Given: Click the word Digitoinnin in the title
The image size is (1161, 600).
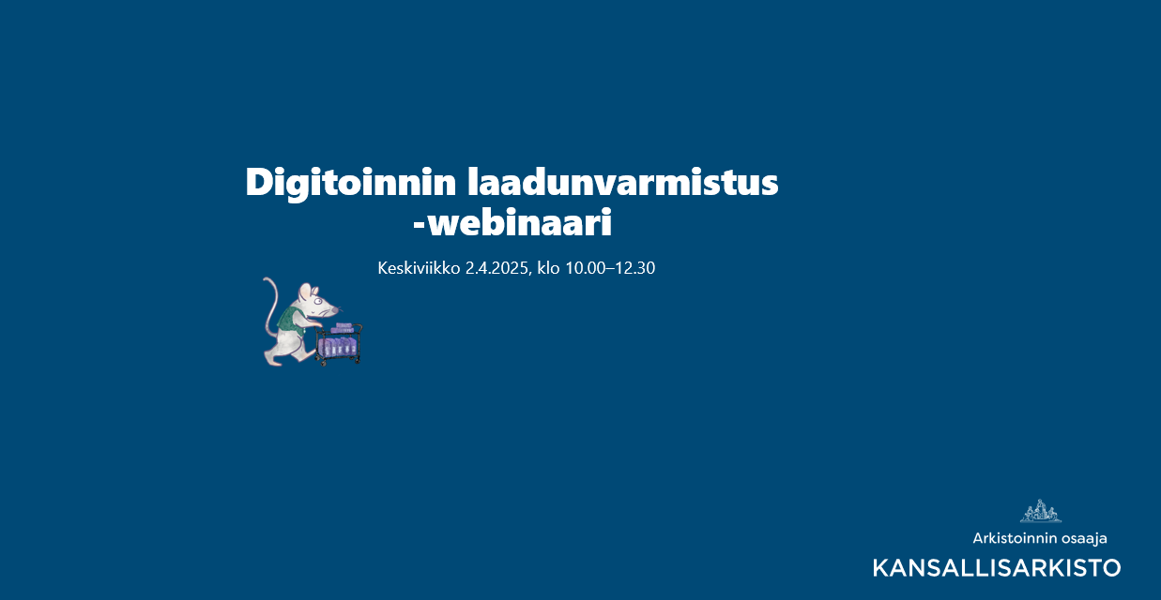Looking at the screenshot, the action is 351,183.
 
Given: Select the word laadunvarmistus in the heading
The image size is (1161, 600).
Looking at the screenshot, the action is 622,182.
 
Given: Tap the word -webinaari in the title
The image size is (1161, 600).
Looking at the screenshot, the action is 512,223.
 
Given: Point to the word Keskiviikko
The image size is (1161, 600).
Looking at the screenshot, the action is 419,268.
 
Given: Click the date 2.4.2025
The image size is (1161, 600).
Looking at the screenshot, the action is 496,268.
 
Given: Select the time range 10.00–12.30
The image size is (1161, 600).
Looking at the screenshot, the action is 610,268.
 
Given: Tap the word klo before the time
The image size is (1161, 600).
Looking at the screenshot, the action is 548,268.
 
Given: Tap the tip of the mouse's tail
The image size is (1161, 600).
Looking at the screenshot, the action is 265,279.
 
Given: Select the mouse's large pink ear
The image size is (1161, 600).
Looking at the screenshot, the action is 305,291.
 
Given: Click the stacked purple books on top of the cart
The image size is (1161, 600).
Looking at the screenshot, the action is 344,328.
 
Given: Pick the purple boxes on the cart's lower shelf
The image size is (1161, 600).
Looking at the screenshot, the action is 337,347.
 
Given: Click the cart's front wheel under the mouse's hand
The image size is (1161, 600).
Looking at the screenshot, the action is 324,363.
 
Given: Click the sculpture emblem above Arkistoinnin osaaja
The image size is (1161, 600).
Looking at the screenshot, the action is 1040,511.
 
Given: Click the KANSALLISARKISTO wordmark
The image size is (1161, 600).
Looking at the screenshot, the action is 997,568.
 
